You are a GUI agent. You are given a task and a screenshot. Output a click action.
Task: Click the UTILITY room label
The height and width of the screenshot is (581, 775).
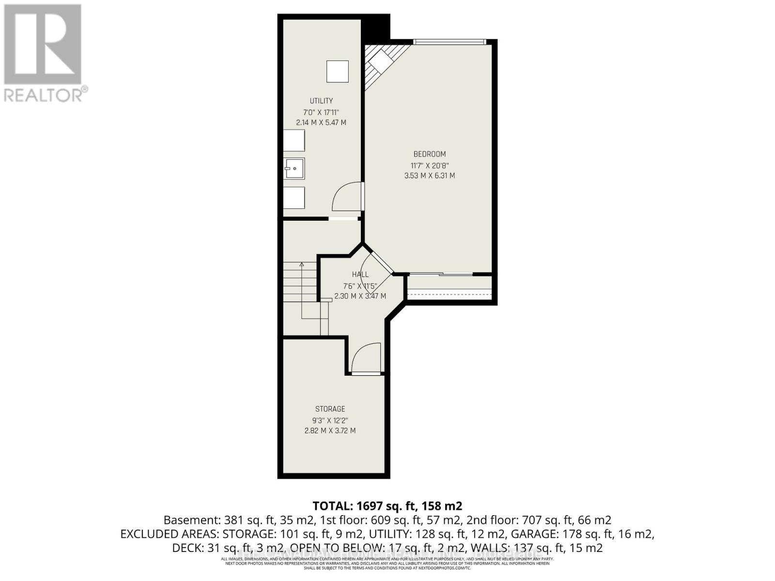[x=321, y=101]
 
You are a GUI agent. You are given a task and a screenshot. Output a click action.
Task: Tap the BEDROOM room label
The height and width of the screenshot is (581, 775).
[x=429, y=154]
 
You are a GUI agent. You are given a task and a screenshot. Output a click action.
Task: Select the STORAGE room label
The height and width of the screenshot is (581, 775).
[x=330, y=409]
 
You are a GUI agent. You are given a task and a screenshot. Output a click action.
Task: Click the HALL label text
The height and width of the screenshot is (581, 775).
[x=360, y=275]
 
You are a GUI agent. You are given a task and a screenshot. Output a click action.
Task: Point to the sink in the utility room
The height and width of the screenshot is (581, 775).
[x=294, y=168]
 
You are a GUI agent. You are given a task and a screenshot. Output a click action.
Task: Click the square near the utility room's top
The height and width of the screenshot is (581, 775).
[x=337, y=72]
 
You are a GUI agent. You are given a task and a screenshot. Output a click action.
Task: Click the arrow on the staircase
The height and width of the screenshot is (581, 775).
[x=301, y=264]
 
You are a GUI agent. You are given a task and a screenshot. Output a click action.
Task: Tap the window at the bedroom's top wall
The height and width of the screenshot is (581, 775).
[x=449, y=42]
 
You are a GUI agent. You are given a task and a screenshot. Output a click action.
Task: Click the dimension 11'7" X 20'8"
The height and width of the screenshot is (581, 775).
[x=429, y=165]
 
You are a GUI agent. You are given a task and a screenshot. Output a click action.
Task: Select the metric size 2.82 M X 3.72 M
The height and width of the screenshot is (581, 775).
[x=330, y=430]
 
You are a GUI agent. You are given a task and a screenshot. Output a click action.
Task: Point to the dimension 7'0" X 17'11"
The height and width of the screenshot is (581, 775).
[x=321, y=112]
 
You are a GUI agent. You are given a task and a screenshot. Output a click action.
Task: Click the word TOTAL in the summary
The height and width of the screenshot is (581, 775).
[x=332, y=506]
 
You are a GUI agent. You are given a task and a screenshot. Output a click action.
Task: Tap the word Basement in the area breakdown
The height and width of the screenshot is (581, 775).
[x=191, y=520]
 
